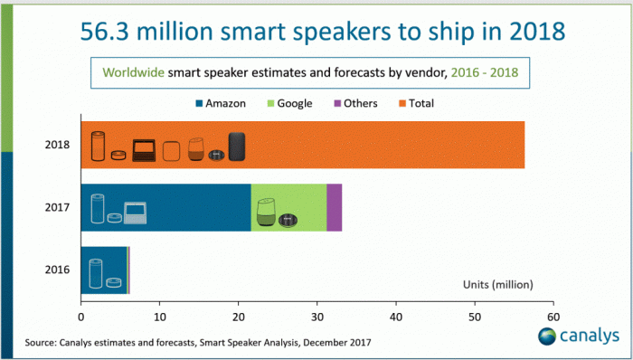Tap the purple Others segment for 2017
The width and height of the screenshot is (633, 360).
[334, 207]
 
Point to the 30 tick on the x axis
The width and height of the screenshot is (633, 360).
[316, 317]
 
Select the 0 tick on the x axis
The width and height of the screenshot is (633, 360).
[81, 317]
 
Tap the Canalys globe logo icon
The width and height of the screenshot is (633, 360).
[548, 337]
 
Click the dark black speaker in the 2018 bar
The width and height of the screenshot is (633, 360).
[236, 147]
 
